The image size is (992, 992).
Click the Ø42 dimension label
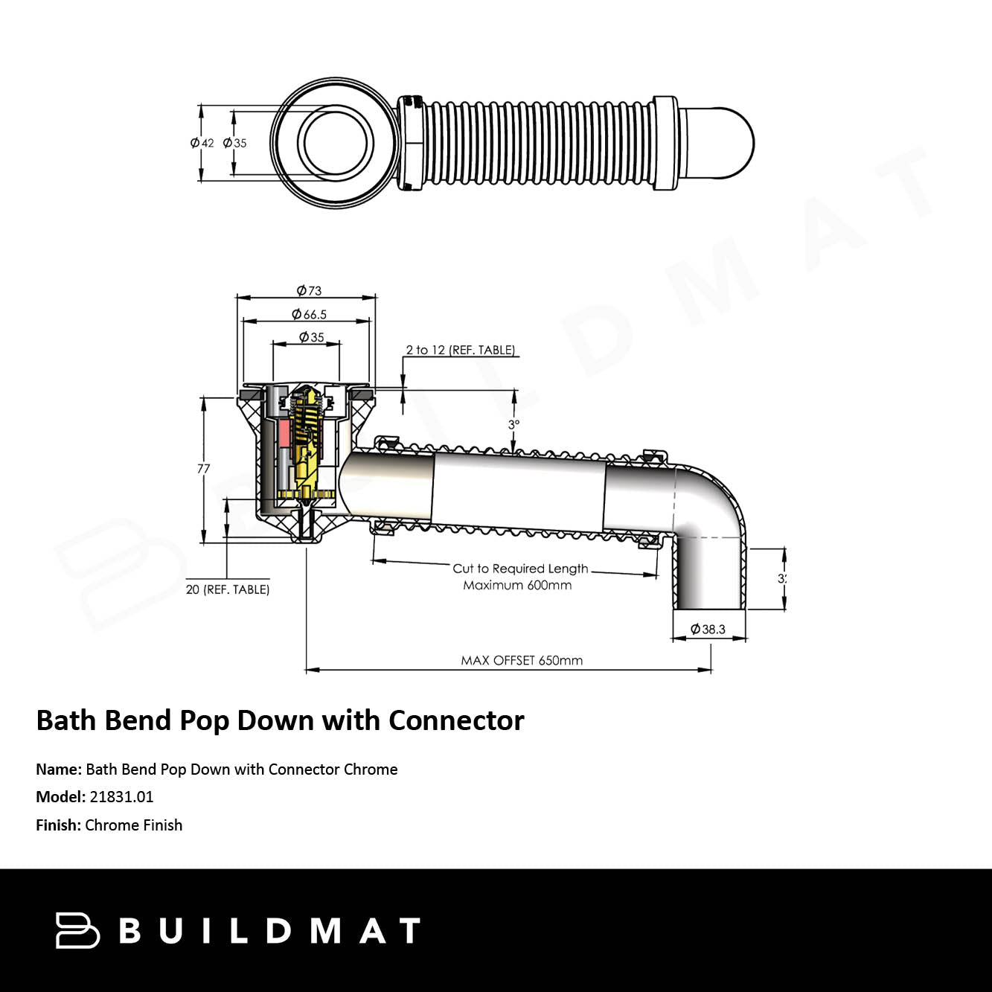[x=202, y=143]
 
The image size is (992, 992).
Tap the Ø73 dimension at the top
[x=309, y=290]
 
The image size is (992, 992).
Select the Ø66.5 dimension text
[x=309, y=314]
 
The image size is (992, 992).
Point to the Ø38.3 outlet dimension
[x=708, y=629]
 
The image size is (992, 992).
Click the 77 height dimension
[x=203, y=468]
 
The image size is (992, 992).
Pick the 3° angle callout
[x=513, y=424]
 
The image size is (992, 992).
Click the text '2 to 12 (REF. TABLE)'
[x=460, y=350]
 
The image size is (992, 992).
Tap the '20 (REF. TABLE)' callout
[x=228, y=589]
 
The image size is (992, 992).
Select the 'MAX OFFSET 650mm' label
[x=522, y=661]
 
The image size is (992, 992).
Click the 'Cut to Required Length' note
[x=520, y=569]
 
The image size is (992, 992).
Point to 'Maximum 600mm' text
[x=517, y=586]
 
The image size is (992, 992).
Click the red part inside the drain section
[x=285, y=433]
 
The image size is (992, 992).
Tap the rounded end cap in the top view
[x=720, y=143]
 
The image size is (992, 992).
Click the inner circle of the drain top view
[x=336, y=143]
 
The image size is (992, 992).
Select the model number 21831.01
[x=121, y=797]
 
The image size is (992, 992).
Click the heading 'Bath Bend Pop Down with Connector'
[x=280, y=720]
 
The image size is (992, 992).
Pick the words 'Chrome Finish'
[x=134, y=825]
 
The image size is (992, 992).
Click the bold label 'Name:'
[x=59, y=769]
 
